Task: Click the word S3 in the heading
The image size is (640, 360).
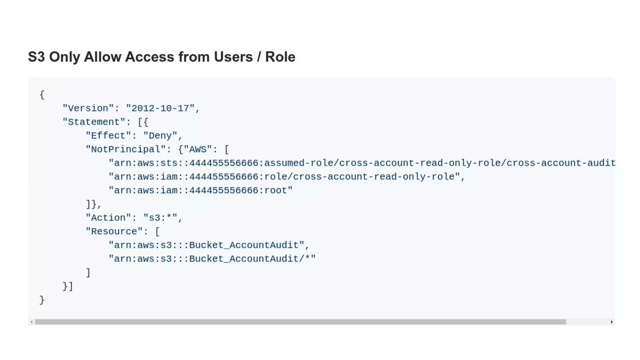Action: (x=36, y=57)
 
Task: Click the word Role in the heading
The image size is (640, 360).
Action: (x=280, y=57)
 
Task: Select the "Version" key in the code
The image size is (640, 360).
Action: (x=88, y=108)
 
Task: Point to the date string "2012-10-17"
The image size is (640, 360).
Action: (x=160, y=108)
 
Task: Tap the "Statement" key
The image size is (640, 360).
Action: (x=94, y=122)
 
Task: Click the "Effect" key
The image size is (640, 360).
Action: (x=108, y=136)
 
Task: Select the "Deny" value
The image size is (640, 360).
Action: (x=160, y=136)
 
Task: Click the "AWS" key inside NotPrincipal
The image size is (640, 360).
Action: (x=197, y=149)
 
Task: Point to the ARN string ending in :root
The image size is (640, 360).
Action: (x=200, y=191)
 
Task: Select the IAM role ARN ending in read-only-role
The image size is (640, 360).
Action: (x=284, y=177)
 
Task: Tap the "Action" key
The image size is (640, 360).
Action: (x=108, y=218)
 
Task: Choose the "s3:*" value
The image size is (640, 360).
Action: (x=160, y=218)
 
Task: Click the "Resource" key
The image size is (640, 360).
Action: (x=114, y=232)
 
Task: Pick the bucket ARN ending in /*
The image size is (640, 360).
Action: (x=212, y=259)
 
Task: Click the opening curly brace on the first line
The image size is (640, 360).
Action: (x=42, y=95)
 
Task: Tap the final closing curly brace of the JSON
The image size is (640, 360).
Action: (x=42, y=300)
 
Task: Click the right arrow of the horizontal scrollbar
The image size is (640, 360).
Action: (x=612, y=322)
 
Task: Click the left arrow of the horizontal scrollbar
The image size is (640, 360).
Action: (x=31, y=322)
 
